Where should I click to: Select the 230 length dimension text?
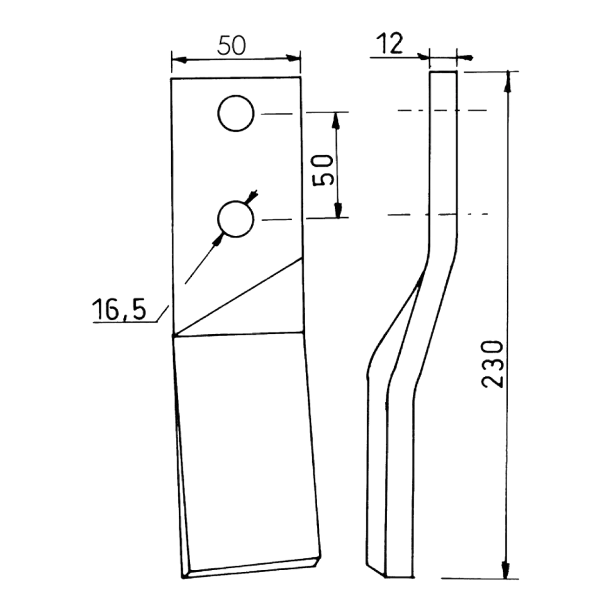coord(492,364)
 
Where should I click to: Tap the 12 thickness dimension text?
coord(390,43)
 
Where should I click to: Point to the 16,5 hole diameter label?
coord(119,309)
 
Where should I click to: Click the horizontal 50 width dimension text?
coord(232,45)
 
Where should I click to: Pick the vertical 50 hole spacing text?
coord(323,170)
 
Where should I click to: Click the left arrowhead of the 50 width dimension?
coord(178,60)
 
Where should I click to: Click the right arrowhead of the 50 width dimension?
coord(293,58)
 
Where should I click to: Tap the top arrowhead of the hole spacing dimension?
coord(335,120)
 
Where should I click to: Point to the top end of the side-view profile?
coord(443,72)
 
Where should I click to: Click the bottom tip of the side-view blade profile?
coord(386,577)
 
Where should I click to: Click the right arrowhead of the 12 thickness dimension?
coord(464,57)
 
